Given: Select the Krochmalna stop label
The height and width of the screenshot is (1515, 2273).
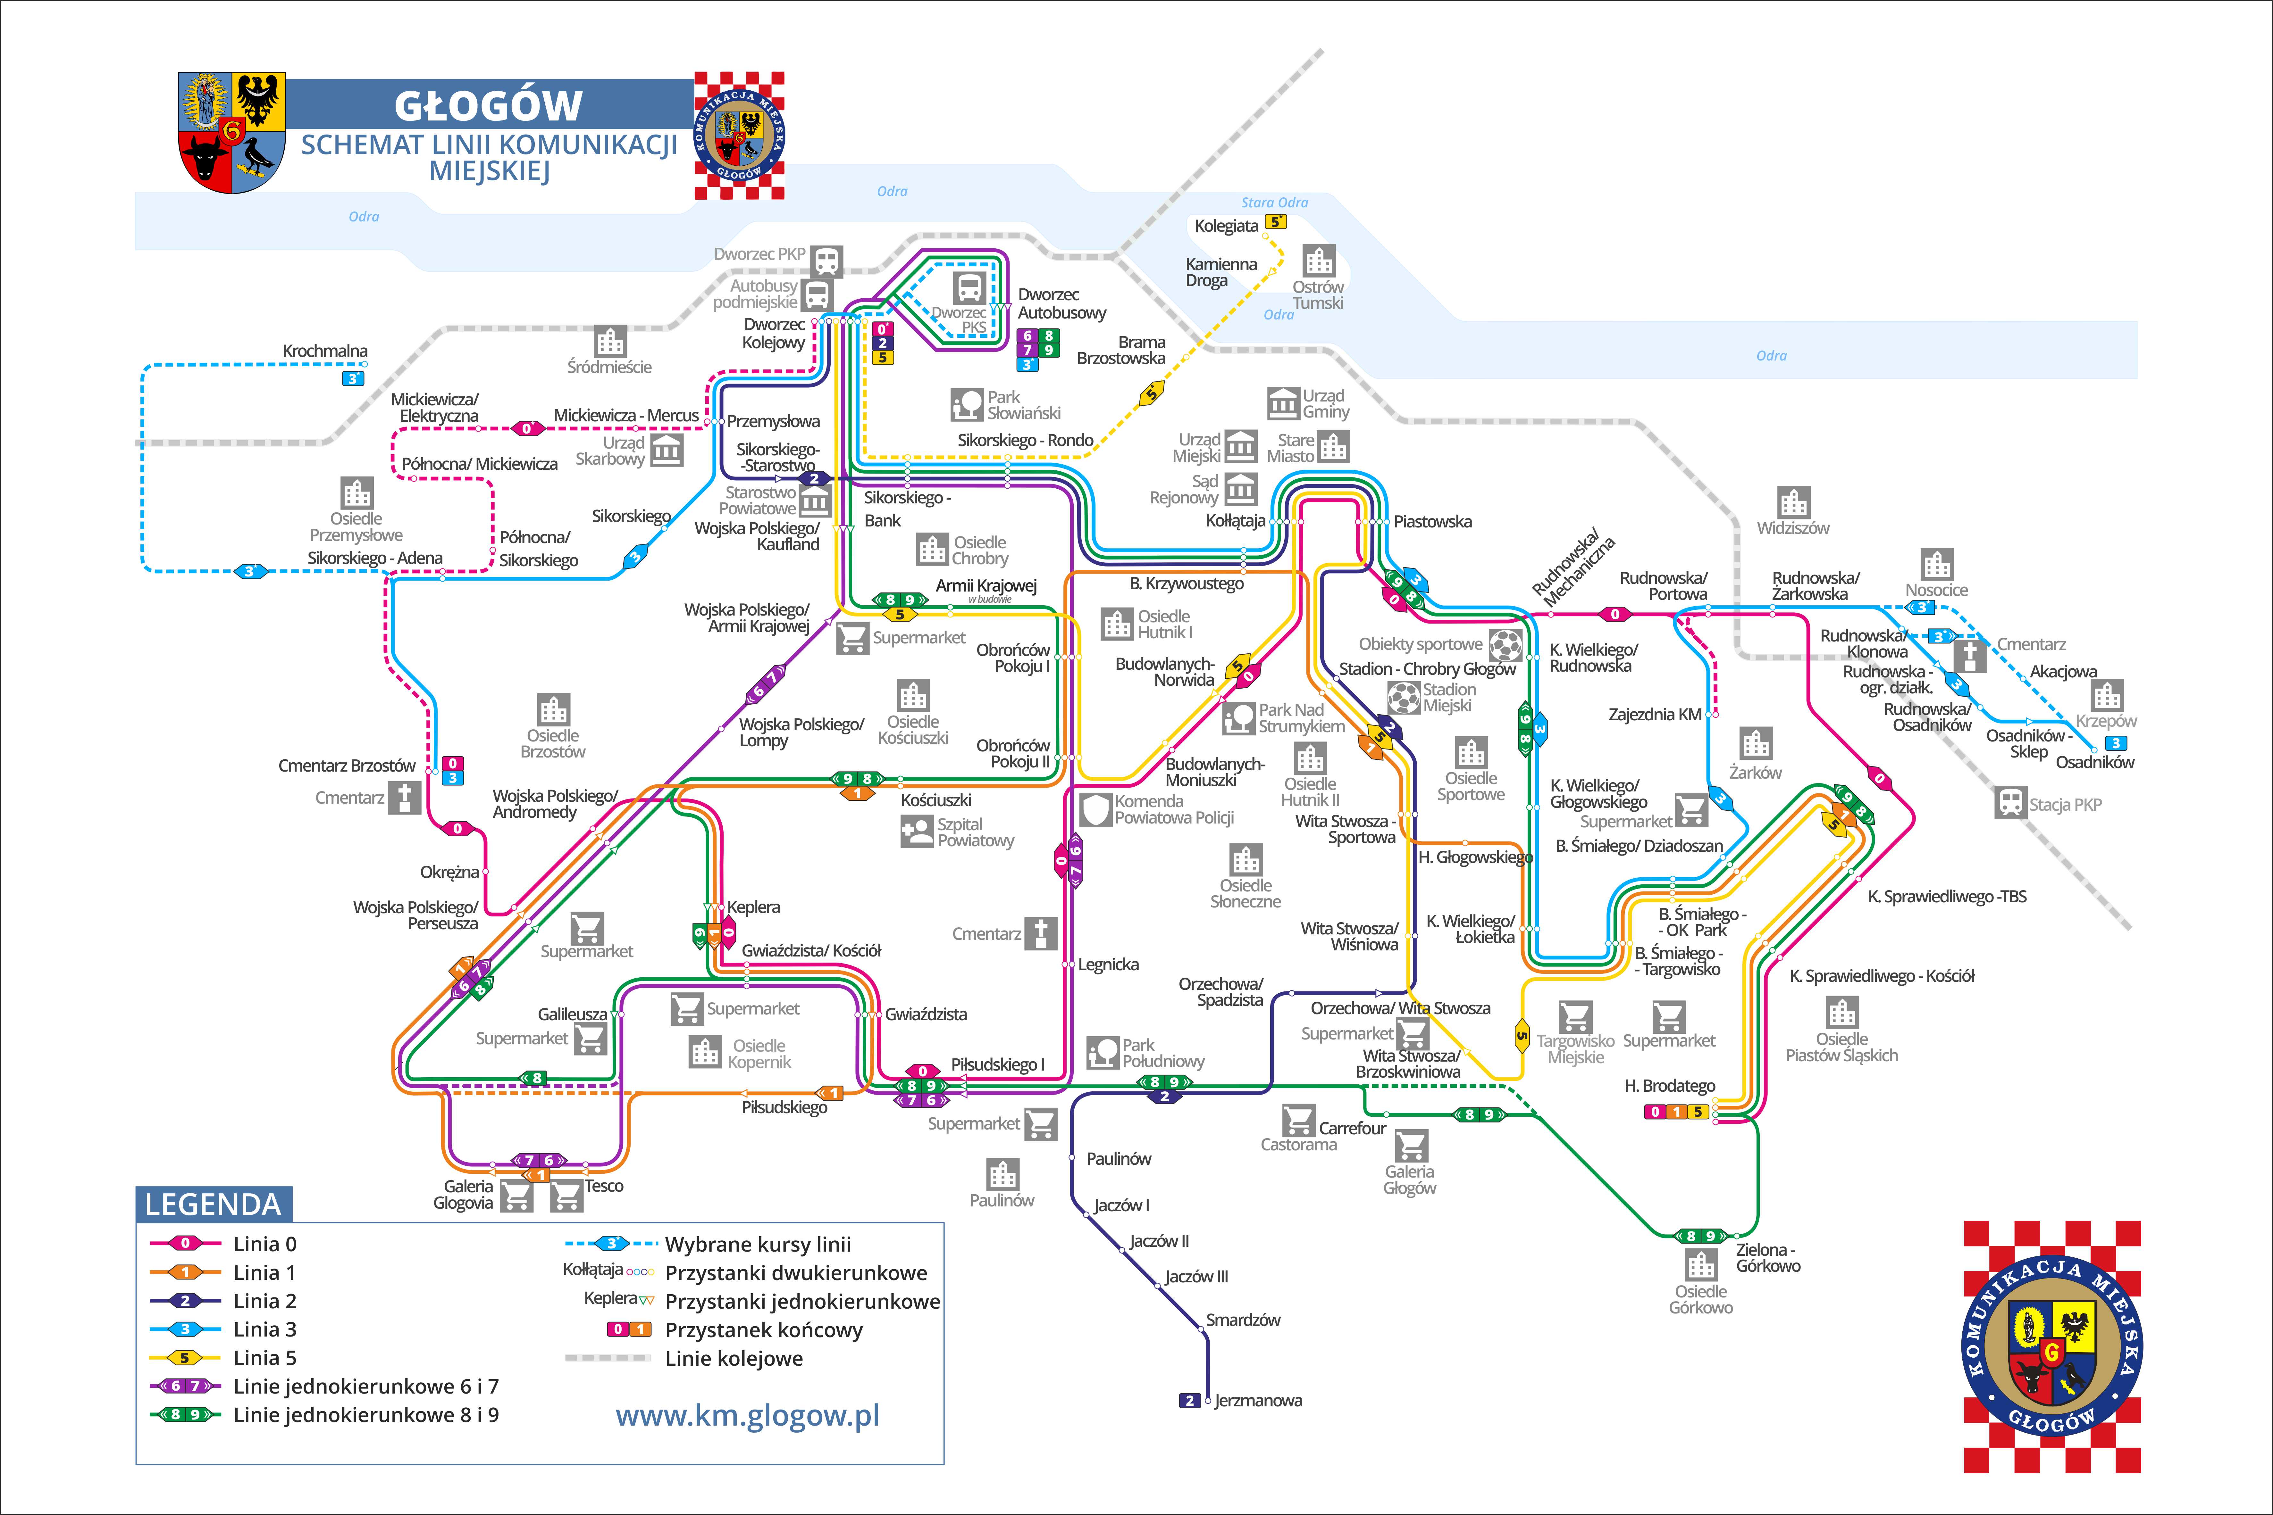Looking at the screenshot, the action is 325,351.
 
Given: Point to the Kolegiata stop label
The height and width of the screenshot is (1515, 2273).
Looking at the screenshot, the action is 1226,226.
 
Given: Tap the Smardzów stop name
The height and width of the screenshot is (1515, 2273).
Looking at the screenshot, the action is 1243,1320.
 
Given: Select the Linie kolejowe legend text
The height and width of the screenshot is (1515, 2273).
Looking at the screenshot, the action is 734,1359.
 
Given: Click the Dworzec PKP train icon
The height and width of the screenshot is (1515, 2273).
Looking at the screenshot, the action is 826,261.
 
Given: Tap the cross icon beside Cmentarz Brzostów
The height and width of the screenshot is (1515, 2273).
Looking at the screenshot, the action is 404,798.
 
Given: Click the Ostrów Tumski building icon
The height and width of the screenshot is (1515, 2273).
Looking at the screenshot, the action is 1318,261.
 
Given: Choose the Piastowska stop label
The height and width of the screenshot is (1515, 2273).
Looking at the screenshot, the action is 1432,522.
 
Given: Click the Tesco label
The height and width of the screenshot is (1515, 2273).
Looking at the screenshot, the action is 604,1186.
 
